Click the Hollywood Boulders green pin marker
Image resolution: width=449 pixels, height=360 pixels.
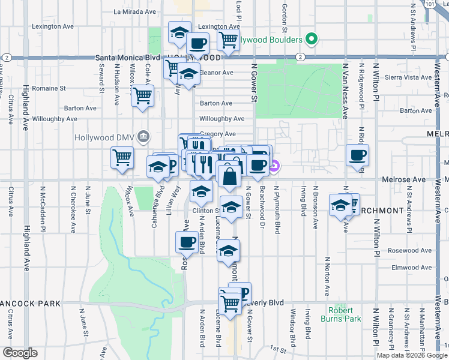(311, 40)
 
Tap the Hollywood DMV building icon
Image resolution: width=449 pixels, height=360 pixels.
(142, 137)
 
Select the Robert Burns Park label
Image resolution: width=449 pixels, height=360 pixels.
(345, 314)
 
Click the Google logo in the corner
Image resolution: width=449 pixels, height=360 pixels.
(19, 353)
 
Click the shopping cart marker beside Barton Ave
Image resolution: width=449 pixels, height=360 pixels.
(142, 95)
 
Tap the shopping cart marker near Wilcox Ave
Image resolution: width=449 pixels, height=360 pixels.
(122, 157)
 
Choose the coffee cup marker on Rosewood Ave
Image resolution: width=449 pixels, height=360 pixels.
(186, 242)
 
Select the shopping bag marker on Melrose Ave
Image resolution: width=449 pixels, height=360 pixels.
(229, 177)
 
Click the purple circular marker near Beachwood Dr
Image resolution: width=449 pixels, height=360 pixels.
(274, 166)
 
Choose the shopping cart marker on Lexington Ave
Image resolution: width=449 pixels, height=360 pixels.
(228, 39)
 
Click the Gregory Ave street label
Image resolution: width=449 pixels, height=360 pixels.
(217, 134)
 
